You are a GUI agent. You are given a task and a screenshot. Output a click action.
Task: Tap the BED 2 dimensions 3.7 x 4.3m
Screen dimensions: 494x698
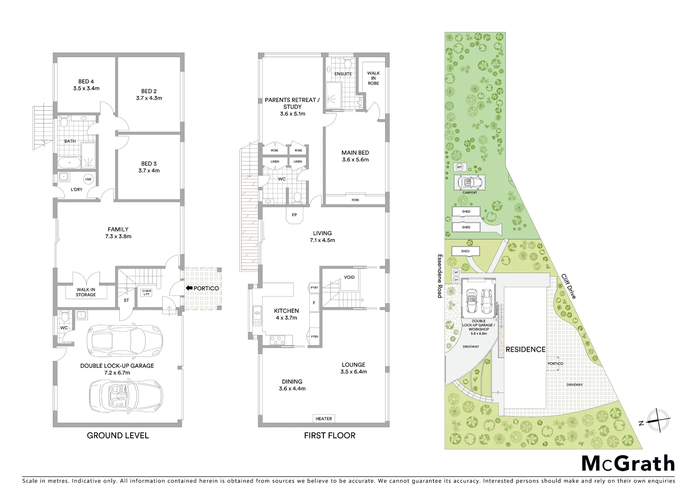[149, 98]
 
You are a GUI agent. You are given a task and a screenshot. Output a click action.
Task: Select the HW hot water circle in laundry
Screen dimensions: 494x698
[89, 179]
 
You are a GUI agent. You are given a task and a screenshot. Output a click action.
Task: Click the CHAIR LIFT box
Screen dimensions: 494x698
[147, 293]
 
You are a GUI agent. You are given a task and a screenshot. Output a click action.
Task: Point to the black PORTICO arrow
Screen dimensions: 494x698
[189, 288]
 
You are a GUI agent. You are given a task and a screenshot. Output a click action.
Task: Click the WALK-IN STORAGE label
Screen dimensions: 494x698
[86, 292]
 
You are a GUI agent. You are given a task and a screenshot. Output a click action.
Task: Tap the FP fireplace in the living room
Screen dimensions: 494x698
[294, 215]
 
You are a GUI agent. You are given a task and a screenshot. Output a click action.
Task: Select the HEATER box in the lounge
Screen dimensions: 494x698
[324, 419]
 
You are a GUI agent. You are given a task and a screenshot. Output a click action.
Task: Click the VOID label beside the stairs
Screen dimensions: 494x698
[349, 277]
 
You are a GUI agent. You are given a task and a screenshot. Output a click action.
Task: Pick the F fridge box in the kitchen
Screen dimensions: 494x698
[314, 303]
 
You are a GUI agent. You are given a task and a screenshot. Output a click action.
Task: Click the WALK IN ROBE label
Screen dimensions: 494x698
[373, 78]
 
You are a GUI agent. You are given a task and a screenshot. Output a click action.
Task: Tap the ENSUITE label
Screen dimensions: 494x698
[343, 74]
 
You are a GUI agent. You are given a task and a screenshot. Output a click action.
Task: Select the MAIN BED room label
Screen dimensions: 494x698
[355, 153]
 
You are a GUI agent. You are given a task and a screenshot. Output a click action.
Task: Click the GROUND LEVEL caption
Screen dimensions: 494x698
[118, 435]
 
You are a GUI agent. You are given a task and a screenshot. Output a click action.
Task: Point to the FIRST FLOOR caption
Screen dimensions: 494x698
[329, 435]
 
